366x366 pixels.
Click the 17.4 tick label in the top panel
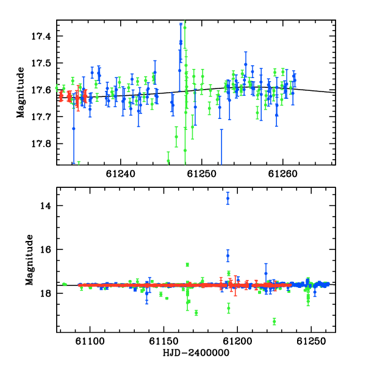pos(41,36)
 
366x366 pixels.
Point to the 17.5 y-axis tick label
pos(41,63)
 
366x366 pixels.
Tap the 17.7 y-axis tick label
pos(41,117)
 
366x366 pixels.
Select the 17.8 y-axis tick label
pos(41,144)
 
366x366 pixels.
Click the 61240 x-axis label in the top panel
pos(120,174)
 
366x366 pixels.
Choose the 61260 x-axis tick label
pos(282,174)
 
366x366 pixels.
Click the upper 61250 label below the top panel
pos(202,174)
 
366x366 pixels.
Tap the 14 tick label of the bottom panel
pos(46,206)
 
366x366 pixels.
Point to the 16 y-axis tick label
pos(46,249)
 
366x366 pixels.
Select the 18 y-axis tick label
pos(46,293)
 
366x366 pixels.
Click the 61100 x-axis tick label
pos(90,341)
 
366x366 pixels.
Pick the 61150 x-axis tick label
pos(163,341)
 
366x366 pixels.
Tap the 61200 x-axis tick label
pos(237,341)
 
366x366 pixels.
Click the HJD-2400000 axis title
pos(196,353)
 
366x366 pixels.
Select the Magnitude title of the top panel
pos(21,93)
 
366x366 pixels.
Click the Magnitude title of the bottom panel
pos(29,260)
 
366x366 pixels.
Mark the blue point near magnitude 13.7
pos(228,198)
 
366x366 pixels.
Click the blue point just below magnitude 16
pos(228,256)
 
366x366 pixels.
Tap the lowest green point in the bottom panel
pos(274,321)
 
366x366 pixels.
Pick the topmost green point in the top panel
pos(185,28)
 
